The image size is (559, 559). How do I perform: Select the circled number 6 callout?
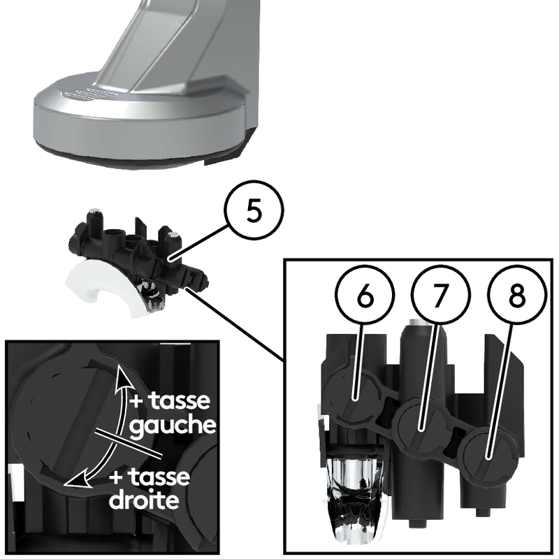point(365,295)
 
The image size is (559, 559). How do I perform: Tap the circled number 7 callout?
point(441,295)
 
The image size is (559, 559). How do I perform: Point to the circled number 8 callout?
point(517,295)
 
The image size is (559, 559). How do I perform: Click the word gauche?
point(173,425)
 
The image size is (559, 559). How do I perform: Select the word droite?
point(144,500)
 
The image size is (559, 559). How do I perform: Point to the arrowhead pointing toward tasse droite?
point(78,479)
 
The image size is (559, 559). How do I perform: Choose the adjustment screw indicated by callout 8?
point(490,456)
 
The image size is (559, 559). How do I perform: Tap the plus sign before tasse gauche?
point(136,401)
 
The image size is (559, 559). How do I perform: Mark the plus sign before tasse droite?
point(116,478)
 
